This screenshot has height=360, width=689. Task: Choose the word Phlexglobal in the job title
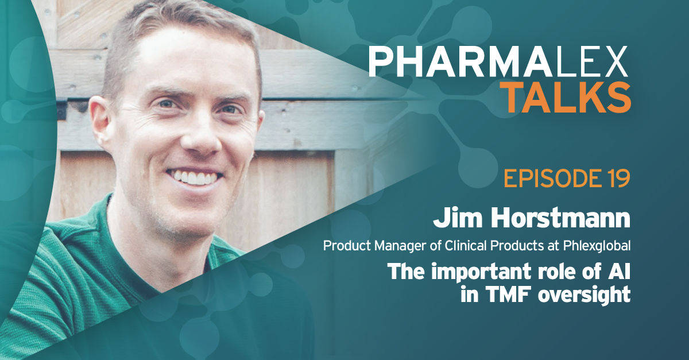597,246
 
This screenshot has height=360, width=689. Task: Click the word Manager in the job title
400,246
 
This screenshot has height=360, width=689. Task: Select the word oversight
585,295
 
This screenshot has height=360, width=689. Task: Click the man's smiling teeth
195,177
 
